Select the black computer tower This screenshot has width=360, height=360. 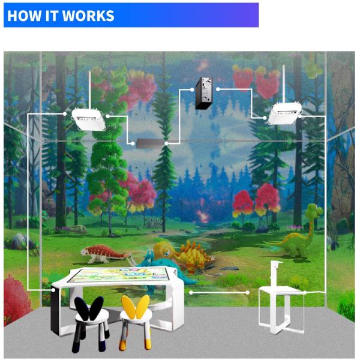click(205, 93)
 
